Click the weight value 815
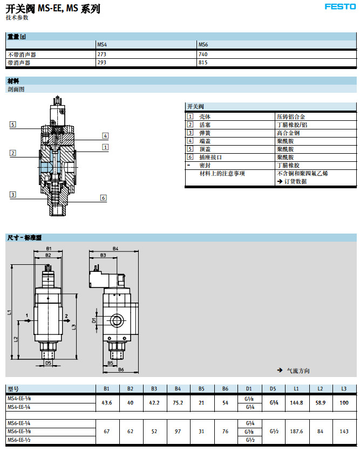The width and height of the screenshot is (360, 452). click(x=203, y=63)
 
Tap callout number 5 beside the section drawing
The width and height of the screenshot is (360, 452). click(x=12, y=125)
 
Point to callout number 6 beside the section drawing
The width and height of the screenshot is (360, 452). click(x=104, y=197)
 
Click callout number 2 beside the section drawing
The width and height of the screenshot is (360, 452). click(x=12, y=153)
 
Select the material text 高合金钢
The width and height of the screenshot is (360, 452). click(x=288, y=133)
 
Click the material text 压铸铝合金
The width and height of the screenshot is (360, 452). click(x=291, y=117)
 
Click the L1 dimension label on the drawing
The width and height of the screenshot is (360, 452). click(x=10, y=312)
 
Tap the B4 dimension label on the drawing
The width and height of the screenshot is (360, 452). click(x=116, y=249)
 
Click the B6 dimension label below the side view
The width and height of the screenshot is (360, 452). click(x=121, y=369)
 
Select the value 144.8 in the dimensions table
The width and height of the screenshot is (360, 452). click(x=296, y=402)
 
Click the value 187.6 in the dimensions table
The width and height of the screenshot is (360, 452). click(x=296, y=431)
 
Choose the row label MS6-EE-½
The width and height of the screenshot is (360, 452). click(x=19, y=439)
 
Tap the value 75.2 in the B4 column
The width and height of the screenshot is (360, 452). click(x=178, y=402)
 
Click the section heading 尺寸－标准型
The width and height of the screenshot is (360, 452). click(x=24, y=237)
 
